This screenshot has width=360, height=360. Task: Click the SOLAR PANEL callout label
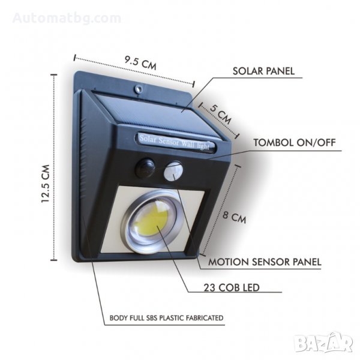click(263, 71)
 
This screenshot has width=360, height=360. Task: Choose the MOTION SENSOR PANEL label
click(265, 262)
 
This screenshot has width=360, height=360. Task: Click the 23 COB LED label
click(235, 288)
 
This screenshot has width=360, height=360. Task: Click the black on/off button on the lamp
click(145, 167)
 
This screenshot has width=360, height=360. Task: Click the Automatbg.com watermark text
click(61, 18)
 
